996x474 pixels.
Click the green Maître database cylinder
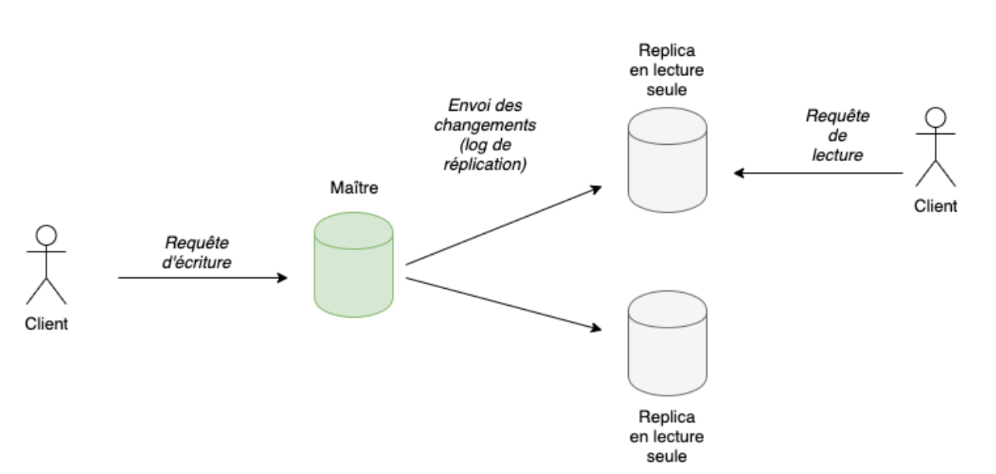353,265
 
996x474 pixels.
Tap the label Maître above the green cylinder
354,188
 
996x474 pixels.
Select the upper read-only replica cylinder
667,160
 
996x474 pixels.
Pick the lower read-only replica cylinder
667,344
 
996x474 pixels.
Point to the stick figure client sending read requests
936,147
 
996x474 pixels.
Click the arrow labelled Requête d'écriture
201,276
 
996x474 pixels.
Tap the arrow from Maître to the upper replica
503,225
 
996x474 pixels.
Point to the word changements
485,125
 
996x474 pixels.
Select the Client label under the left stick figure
46,325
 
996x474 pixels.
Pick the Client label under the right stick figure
936,206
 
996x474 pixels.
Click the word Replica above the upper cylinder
667,51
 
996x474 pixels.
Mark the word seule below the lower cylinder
667,456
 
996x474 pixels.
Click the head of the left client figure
47,234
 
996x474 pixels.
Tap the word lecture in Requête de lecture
837,155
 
